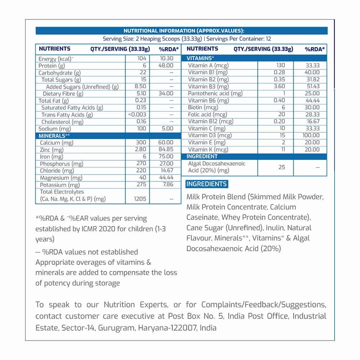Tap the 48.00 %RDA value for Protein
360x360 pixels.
click(166, 66)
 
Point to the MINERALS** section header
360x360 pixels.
click(52, 136)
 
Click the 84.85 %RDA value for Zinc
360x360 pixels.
click(166, 150)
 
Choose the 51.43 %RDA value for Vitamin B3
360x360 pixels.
click(311, 86)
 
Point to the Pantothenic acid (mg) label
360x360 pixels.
click(215, 93)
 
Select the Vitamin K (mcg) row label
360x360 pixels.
click(208, 149)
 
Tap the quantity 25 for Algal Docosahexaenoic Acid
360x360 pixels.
click(282, 167)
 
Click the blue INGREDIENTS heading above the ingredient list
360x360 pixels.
click(207, 184)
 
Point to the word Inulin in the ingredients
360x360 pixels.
click(276, 228)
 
